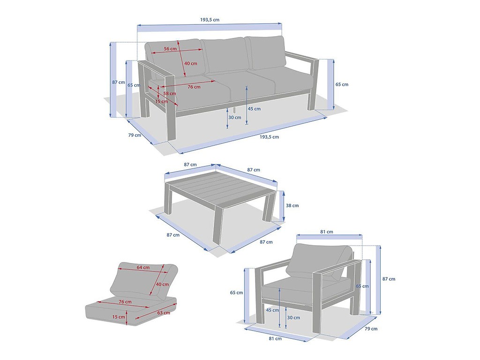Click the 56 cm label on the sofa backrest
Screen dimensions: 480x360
(x=170, y=49)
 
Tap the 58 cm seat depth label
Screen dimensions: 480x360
(x=170, y=93)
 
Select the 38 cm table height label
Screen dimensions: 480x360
(x=292, y=205)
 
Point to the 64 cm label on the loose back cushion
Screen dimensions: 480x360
(x=143, y=267)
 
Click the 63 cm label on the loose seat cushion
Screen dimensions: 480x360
(x=164, y=313)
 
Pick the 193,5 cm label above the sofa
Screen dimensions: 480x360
(x=210, y=20)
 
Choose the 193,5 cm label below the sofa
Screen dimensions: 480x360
(x=270, y=137)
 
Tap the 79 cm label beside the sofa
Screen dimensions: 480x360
(x=135, y=135)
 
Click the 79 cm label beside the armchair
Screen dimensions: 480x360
(x=371, y=329)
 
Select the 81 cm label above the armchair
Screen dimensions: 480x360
(x=327, y=232)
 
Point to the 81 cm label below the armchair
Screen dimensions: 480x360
(x=275, y=338)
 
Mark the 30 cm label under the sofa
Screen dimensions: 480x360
(x=235, y=117)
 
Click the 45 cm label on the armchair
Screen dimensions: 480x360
(x=272, y=310)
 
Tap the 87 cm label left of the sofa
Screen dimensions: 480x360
(x=119, y=82)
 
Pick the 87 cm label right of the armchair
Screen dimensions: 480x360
(x=389, y=279)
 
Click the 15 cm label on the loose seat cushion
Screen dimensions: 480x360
(x=119, y=317)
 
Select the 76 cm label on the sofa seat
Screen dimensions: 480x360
(x=194, y=87)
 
